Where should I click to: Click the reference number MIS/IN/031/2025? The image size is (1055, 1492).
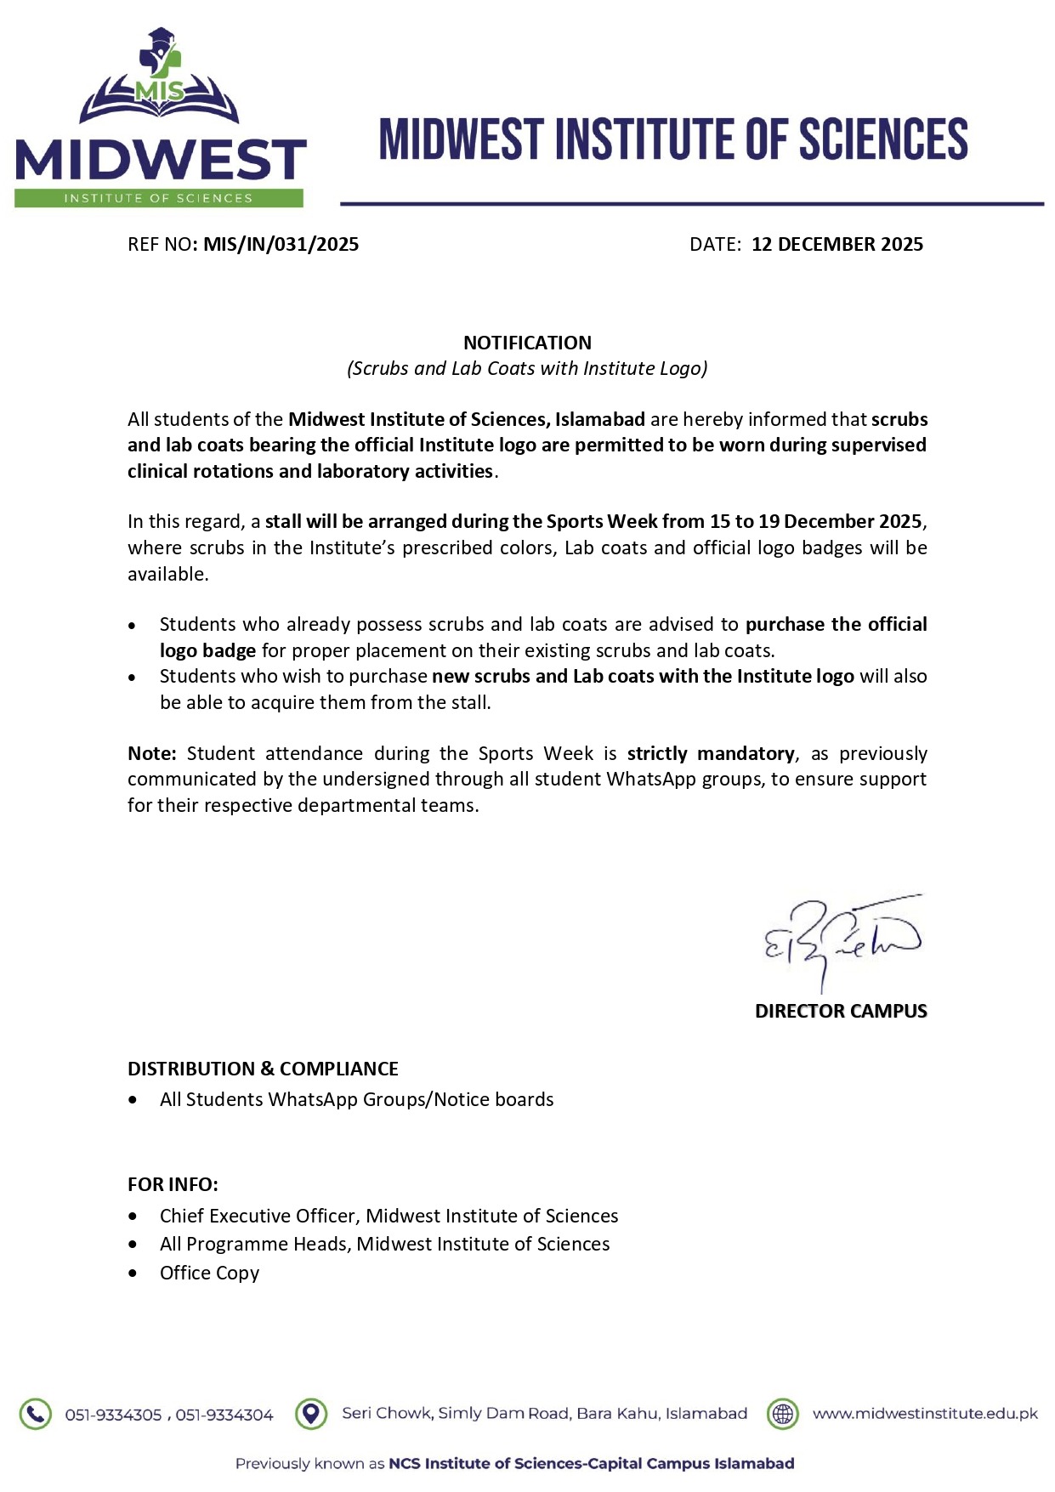click(x=281, y=245)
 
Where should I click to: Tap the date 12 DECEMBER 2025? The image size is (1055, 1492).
click(x=837, y=245)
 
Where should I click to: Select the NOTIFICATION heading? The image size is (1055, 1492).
click(x=527, y=343)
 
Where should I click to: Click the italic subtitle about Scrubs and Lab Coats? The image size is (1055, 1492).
click(x=527, y=368)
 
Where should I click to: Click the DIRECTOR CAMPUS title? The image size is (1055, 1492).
click(x=840, y=1012)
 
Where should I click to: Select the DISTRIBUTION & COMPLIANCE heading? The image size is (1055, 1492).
click(x=263, y=1069)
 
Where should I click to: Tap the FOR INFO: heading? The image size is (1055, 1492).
click(x=173, y=1184)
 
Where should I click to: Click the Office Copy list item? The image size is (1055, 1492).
click(x=209, y=1273)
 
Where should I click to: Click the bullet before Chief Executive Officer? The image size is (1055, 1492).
click(x=133, y=1217)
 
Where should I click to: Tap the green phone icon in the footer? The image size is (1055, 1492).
click(x=35, y=1415)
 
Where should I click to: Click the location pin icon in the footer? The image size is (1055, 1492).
click(x=311, y=1414)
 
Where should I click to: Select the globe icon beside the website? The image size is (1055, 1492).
click(x=782, y=1414)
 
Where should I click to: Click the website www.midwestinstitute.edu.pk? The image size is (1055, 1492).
click(x=925, y=1414)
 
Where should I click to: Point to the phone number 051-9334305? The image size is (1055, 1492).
click(x=113, y=1415)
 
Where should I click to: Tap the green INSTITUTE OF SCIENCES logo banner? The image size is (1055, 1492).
click(x=158, y=198)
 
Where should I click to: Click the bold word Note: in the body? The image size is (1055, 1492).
click(x=151, y=754)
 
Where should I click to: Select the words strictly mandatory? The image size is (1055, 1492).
click(x=711, y=754)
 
